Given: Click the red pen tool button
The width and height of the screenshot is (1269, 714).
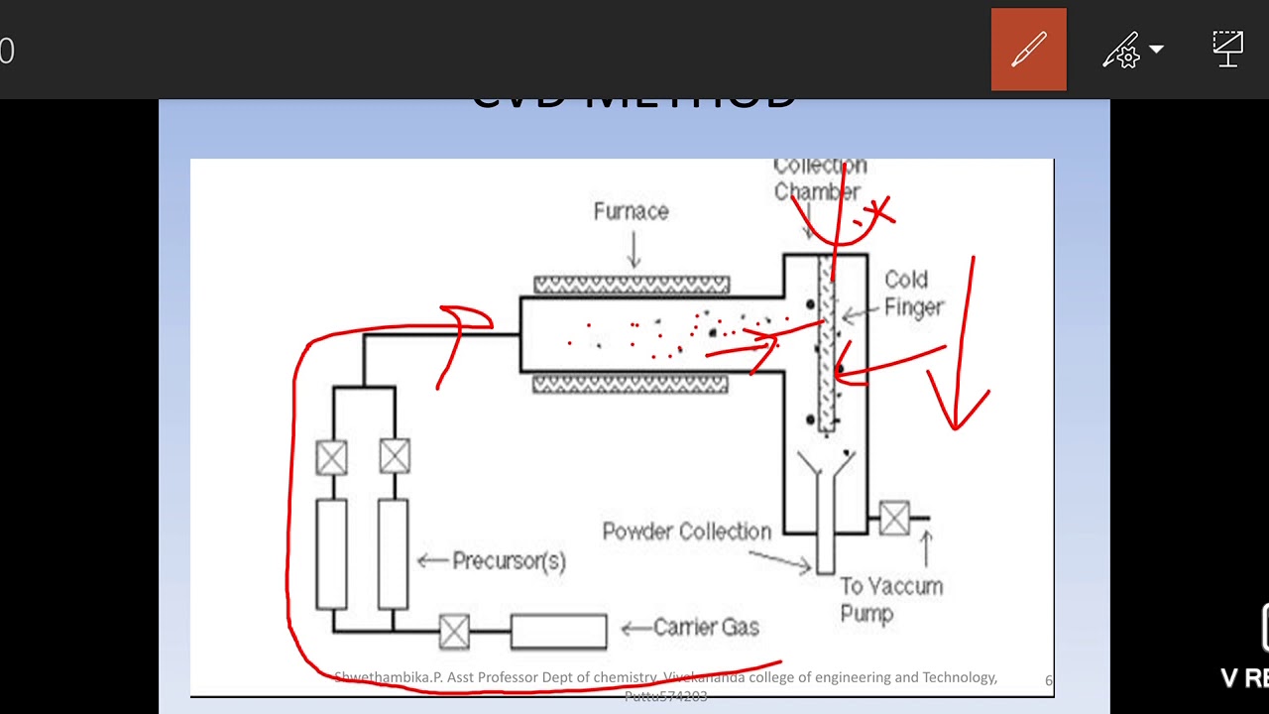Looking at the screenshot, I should click(1028, 50).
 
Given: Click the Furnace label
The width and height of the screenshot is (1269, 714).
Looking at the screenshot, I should click(632, 211).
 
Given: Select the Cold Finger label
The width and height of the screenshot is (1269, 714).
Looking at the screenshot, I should click(913, 294).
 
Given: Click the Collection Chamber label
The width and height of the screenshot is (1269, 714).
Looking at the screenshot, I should click(819, 179).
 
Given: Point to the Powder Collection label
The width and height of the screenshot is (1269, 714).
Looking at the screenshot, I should click(686, 532).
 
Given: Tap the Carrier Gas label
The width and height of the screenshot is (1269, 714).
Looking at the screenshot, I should click(706, 627).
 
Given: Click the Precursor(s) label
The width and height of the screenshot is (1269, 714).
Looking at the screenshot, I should click(509, 561).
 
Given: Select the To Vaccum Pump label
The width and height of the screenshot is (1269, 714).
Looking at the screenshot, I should click(890, 599).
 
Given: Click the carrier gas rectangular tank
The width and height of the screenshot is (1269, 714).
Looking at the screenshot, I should click(558, 631).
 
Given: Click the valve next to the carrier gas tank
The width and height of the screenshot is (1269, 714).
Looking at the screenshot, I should click(454, 631).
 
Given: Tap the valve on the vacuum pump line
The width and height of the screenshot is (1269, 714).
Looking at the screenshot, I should click(894, 518).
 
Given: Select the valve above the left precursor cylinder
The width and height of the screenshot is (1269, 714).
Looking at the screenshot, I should click(331, 457).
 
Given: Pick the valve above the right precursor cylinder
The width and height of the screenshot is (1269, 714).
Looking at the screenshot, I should click(394, 457).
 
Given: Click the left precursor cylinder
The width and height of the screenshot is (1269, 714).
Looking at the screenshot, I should click(331, 553).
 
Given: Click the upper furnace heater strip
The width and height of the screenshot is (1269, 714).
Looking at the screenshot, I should click(632, 286).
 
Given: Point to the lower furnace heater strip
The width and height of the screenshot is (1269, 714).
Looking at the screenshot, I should click(631, 385).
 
